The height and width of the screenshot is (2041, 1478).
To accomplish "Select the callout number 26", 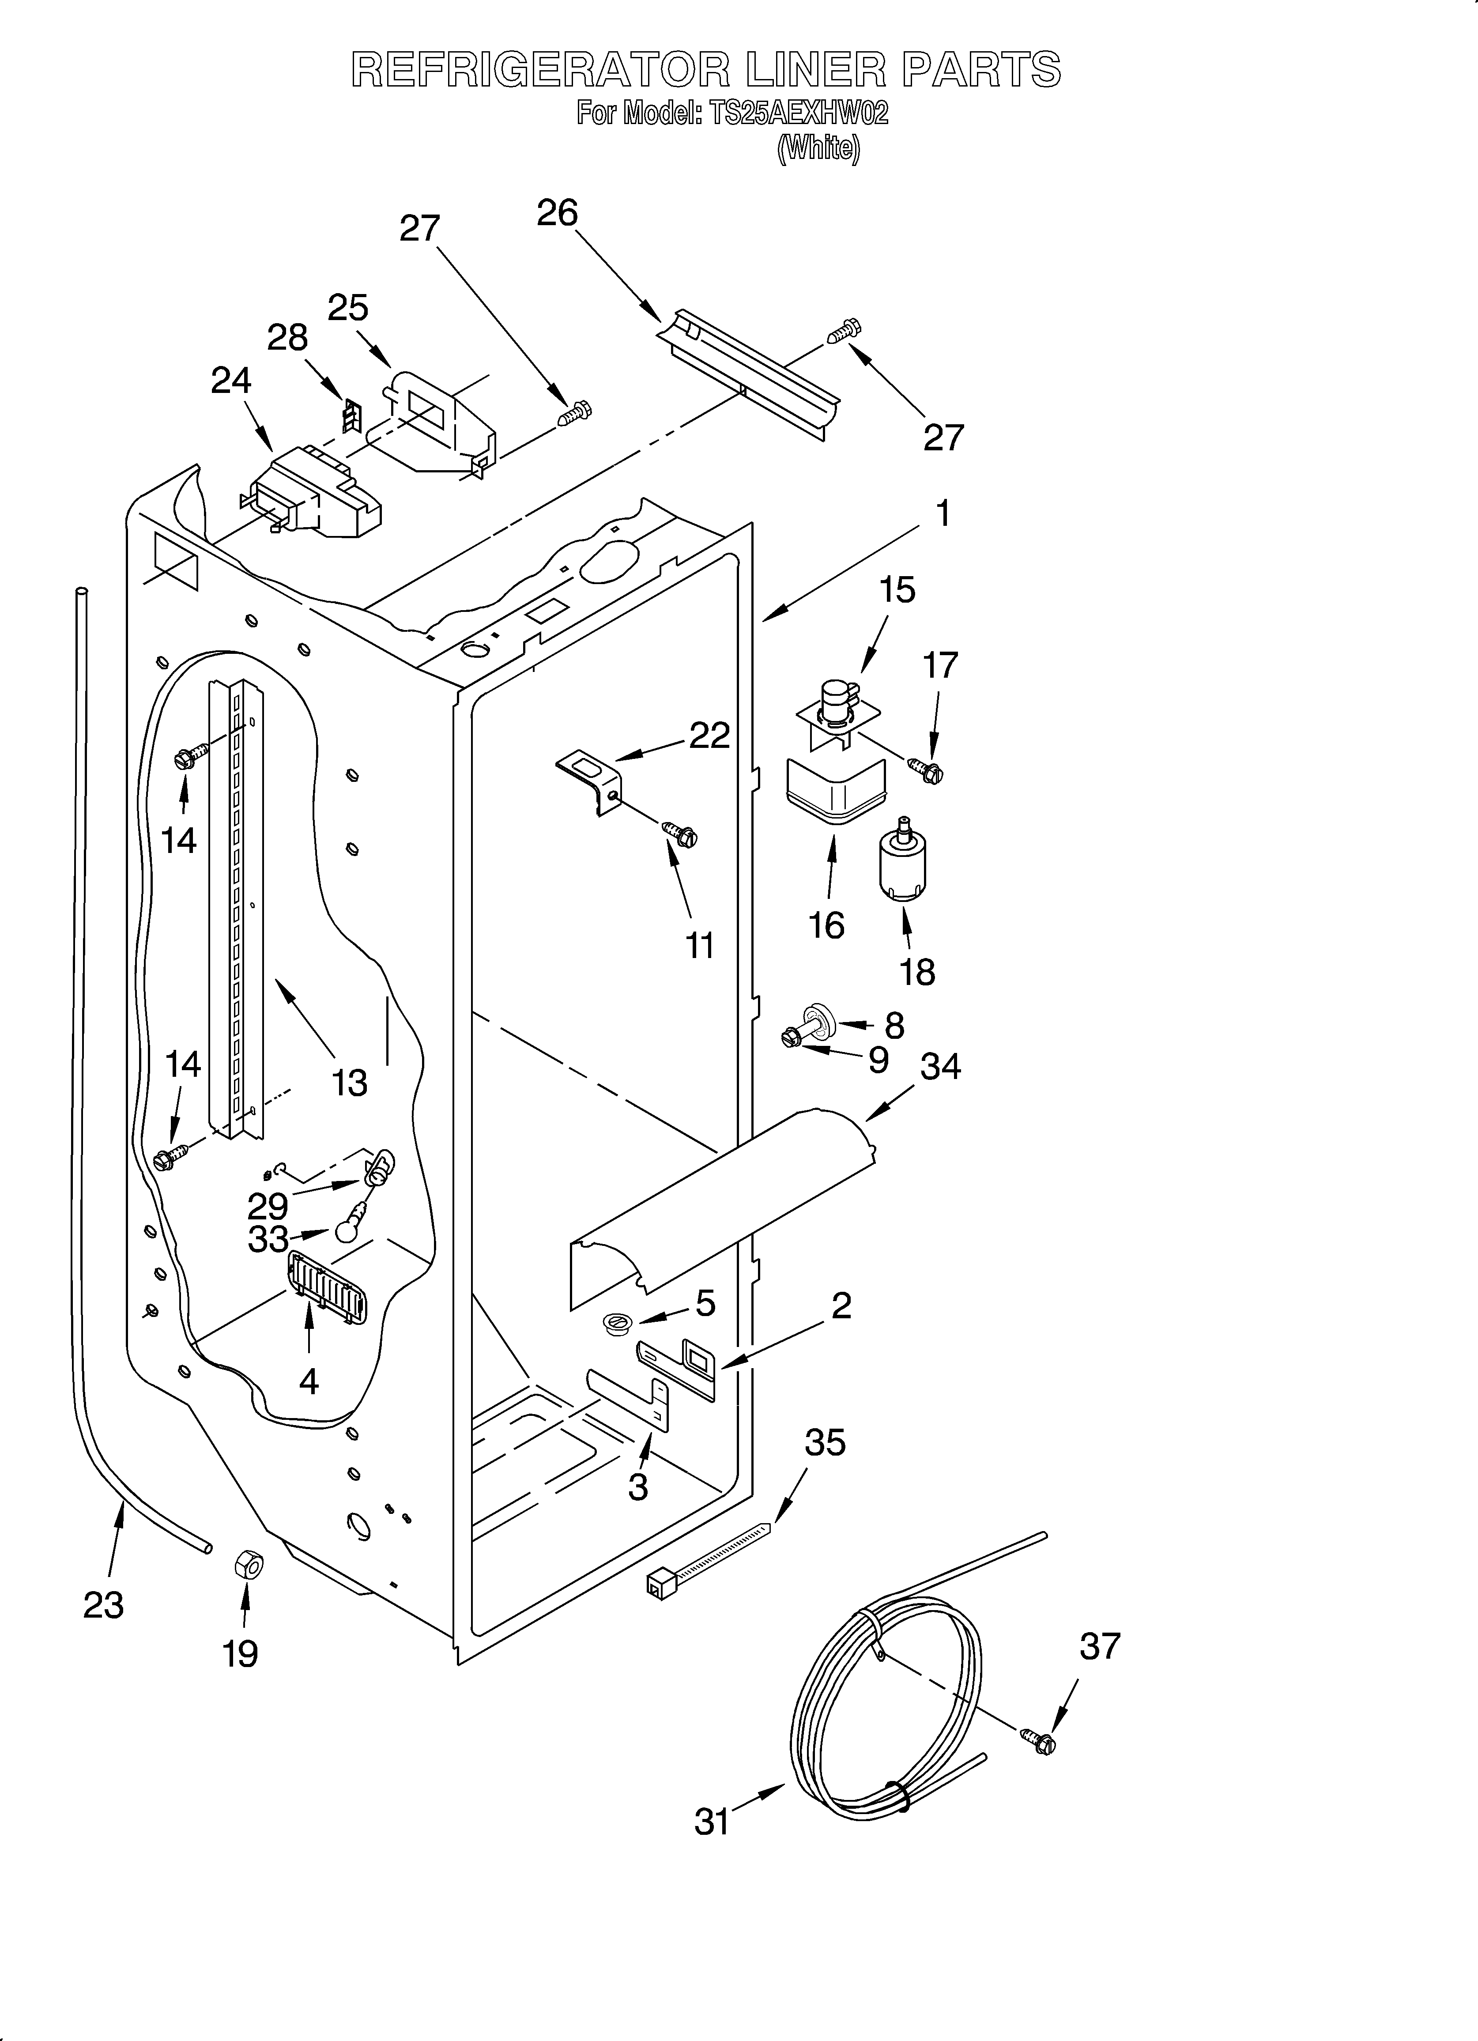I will pyautogui.click(x=557, y=213).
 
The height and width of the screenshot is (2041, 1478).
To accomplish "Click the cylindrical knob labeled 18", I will pyautogui.click(x=903, y=863).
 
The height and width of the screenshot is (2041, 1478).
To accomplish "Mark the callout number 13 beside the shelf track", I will pyautogui.click(x=349, y=1083).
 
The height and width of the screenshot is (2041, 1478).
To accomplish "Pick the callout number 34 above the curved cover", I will pyautogui.click(x=941, y=1066).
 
